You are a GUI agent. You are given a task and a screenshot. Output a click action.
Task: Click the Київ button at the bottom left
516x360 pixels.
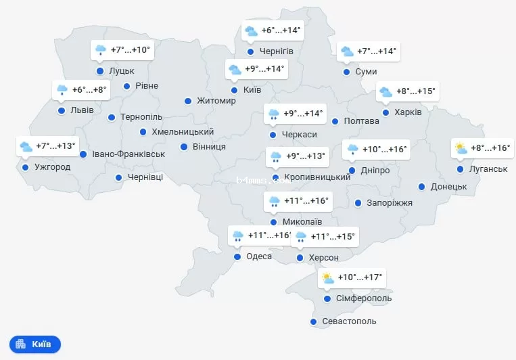pos(35,344)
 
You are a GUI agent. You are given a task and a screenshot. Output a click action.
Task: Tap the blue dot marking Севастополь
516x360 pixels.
pos(313,321)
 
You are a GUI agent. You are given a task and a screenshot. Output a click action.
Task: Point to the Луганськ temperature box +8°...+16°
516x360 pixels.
pos(482,148)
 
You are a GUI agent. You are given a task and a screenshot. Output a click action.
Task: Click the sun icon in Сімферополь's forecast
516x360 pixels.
pos(327,277)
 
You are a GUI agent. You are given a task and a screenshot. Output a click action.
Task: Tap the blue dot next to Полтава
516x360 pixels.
pos(335,122)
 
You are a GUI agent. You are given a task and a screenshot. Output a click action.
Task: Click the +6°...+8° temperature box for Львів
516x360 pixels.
pos(82,90)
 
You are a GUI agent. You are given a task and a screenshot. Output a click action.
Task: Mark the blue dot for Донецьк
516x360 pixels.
pos(421,187)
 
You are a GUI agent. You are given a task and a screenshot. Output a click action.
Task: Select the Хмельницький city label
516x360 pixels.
pos(183,132)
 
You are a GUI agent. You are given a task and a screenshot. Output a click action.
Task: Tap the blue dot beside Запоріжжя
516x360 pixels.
pos(358,203)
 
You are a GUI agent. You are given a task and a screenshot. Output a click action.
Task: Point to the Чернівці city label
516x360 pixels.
pos(145,178)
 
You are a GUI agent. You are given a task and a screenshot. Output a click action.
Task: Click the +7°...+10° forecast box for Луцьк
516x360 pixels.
pos(122,50)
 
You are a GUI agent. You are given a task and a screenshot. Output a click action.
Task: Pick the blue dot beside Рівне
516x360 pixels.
pos(126,86)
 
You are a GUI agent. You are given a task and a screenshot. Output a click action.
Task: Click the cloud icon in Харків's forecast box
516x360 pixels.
pos(385,91)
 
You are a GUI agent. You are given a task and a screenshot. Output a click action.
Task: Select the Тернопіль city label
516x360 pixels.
pos(141,117)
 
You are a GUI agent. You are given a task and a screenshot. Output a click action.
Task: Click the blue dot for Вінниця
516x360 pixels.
pos(183,147)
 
